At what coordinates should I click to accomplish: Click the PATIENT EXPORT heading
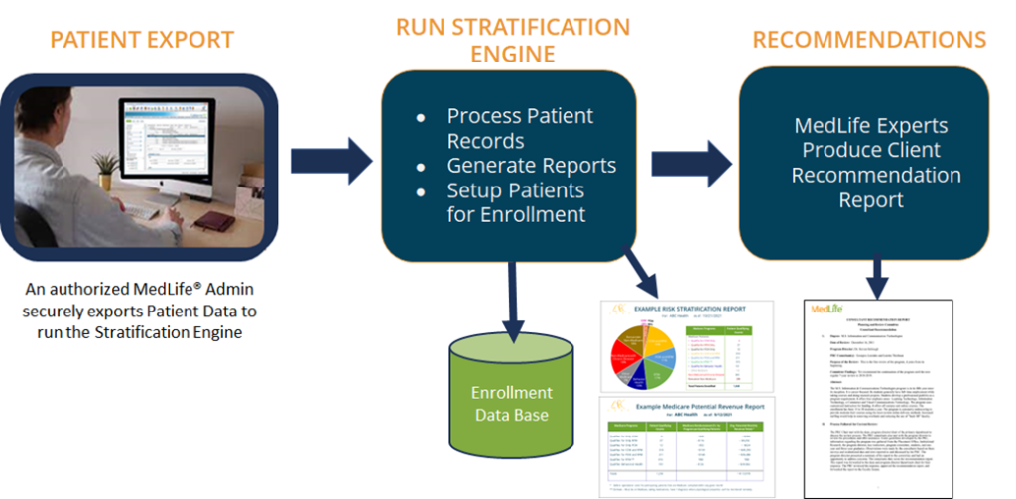[x=142, y=41]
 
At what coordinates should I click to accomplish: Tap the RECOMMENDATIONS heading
[x=869, y=40]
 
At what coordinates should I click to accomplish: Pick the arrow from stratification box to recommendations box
[x=691, y=157]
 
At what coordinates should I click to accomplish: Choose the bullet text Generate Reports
[x=531, y=166]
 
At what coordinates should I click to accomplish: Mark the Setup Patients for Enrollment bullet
[x=515, y=201]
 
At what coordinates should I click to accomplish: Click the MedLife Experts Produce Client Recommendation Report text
[x=870, y=163]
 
